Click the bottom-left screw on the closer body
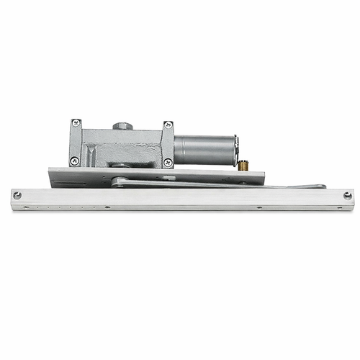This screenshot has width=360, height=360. click(74, 161)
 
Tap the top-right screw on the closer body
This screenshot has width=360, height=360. click(168, 126)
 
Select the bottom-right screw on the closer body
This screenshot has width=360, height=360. click(168, 162)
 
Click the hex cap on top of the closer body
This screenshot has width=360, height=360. click(122, 126)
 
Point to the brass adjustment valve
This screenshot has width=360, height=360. click(243, 165)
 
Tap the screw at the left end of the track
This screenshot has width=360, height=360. click(17, 195)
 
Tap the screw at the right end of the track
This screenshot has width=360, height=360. click(348, 196)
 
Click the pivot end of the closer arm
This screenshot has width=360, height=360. click(120, 182)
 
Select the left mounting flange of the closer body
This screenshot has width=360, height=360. click(75, 143)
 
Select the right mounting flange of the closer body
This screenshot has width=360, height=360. click(168, 144)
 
